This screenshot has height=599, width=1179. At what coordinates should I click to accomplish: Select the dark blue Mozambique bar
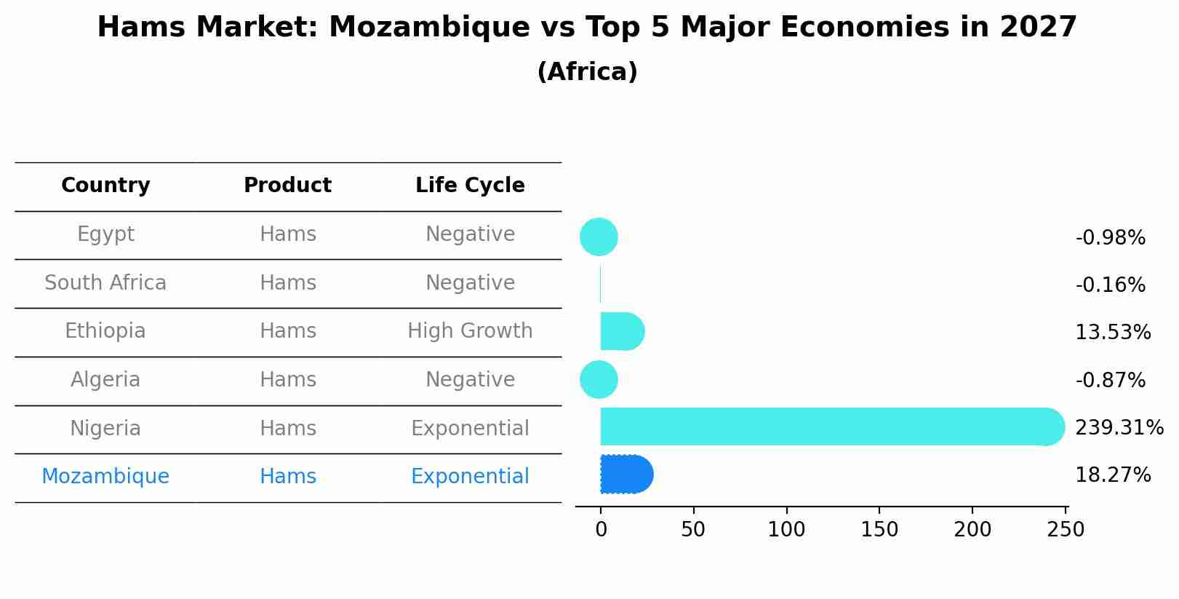coord(626,475)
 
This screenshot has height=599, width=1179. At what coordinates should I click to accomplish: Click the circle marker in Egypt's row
coord(599,237)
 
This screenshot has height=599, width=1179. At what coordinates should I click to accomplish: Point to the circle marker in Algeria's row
coord(599,379)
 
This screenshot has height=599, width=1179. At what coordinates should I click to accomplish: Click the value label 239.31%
coord(1119,427)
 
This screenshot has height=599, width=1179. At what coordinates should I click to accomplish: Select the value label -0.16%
coord(1110,285)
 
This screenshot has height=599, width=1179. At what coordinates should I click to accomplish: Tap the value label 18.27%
coord(1112,475)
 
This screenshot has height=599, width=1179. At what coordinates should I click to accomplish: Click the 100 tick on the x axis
coord(786,530)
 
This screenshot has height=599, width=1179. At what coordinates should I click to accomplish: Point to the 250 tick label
coord(1066,530)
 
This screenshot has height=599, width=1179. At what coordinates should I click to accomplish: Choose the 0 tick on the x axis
coord(601,530)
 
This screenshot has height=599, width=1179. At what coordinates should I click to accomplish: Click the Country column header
coord(105,186)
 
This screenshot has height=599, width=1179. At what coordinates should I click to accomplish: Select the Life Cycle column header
coord(470,186)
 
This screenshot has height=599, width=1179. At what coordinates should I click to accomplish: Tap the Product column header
coord(287,186)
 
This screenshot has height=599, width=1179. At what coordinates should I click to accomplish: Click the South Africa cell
coord(105,282)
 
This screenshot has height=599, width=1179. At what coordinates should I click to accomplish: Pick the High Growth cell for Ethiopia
coord(470,331)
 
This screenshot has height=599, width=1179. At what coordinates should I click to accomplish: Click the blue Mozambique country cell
coord(105,476)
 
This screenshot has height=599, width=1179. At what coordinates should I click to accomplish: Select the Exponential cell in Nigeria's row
coord(470,428)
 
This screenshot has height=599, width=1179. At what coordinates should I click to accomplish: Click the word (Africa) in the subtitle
coord(587,72)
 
